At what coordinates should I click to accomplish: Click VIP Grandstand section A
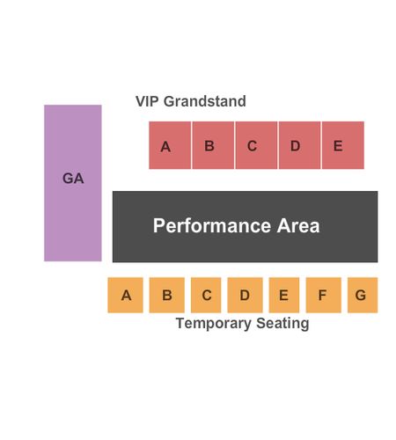pos(170,145)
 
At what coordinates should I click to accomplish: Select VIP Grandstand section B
pos(213,145)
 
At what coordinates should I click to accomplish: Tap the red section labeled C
pos(256,145)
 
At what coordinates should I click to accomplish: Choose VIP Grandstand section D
pos(299,145)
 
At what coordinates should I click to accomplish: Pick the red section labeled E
pos(343,145)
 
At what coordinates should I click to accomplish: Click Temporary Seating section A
pos(125,295)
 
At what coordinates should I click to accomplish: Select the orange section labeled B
pos(167,295)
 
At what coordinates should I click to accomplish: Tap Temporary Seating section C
pos(206,295)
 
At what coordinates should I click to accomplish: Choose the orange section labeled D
pos(245,295)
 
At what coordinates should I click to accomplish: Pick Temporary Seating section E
pos(284,295)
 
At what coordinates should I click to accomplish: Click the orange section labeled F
pos(324,295)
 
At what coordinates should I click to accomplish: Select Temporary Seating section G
pos(363,295)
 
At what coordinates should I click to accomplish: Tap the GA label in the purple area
pos(73,179)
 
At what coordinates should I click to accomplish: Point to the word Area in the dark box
pos(298,225)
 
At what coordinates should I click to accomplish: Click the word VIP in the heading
pos(147,101)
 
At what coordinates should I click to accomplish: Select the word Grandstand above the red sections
pos(205,101)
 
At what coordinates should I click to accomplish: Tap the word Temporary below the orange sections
pos(214,324)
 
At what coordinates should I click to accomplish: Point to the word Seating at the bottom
pos(282,324)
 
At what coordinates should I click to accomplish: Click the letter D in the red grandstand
pos(295,146)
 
